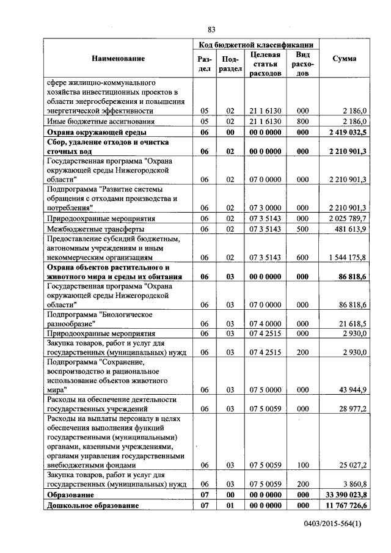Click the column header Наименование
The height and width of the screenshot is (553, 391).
click(x=119, y=59)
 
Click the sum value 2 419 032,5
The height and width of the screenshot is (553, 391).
click(x=348, y=132)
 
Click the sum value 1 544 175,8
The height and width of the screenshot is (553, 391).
click(x=348, y=258)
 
